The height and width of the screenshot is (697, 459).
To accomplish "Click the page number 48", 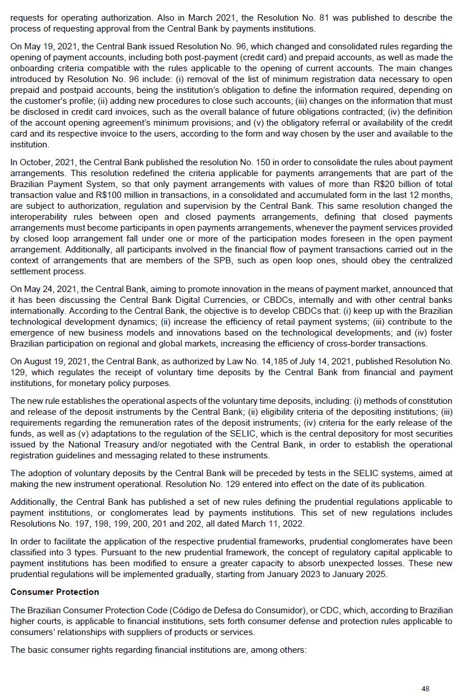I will (425, 688).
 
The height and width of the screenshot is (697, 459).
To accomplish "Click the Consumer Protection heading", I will (55, 591).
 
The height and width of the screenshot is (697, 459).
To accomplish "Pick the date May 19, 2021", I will (49, 46).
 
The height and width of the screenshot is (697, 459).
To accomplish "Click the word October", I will (36, 162).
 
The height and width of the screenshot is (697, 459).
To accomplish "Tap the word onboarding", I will (33, 68).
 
